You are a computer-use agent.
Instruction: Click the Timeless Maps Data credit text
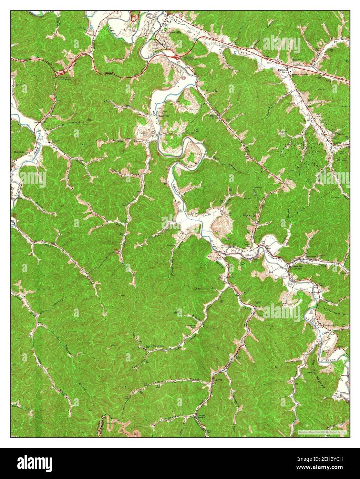pos(322,432)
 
